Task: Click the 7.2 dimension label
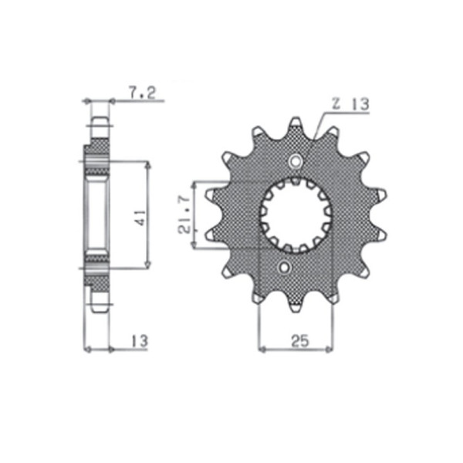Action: tap(142, 93)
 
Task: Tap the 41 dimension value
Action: tap(142, 218)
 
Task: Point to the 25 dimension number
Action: tap(299, 341)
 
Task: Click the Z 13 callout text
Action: tap(350, 104)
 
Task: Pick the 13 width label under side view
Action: tap(140, 341)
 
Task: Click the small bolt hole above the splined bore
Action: tap(296, 161)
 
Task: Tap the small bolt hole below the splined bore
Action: tap(285, 268)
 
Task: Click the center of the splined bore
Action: tap(296, 215)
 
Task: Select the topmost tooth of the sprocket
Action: tap(296, 124)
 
